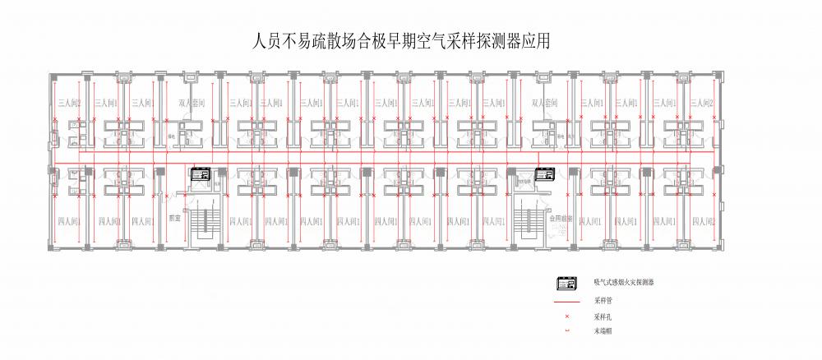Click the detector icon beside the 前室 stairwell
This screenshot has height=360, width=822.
click(201, 174)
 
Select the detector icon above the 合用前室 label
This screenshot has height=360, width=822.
click(545, 174)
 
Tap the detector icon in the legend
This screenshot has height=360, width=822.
click(566, 284)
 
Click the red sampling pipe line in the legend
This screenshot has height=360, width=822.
click(566, 301)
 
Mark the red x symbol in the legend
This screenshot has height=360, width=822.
click(566, 316)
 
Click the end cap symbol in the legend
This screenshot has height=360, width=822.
click(566, 331)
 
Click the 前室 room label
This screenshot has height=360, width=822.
click(174, 219)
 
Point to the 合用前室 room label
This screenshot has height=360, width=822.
click(559, 219)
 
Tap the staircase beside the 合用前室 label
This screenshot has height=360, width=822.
click(526, 222)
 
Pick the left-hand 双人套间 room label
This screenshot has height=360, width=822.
click(191, 104)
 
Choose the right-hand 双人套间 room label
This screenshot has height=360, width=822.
click(544, 104)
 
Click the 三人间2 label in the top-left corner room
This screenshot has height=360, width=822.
click(69, 104)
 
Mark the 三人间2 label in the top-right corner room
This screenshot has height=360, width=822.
click(702, 104)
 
